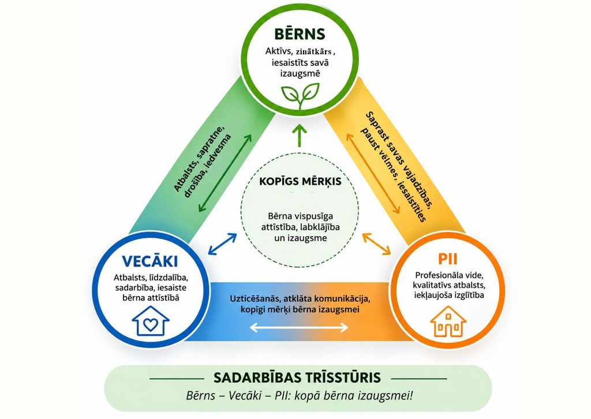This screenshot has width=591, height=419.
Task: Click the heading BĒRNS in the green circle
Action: point(300,33)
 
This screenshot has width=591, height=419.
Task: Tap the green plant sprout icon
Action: point(300,96)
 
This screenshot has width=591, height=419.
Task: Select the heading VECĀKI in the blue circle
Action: point(150,261)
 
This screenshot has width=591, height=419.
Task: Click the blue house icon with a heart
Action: point(151,321)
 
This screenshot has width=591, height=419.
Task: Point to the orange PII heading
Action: point(448,259)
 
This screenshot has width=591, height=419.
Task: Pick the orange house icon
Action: point(448,321)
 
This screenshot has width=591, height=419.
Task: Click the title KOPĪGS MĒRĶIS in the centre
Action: point(300,181)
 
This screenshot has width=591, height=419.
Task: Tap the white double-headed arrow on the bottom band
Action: point(299,327)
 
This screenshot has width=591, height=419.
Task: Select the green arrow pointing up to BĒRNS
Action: point(300,135)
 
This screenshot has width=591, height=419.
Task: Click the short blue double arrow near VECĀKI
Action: point(222,244)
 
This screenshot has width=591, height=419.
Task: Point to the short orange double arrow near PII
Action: point(376,244)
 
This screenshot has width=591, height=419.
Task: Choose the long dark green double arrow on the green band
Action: point(226,173)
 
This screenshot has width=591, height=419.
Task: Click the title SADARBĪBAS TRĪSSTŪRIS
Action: point(297,377)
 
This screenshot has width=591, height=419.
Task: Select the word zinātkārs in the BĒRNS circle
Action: point(313,51)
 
